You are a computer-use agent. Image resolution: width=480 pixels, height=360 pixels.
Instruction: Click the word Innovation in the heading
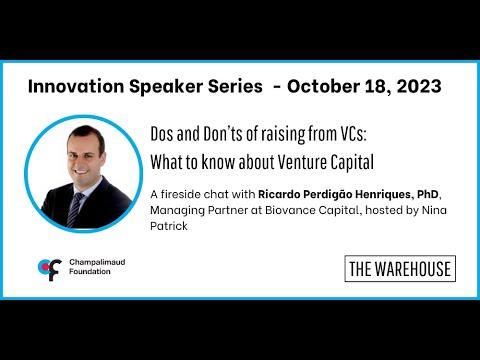(x=76, y=86)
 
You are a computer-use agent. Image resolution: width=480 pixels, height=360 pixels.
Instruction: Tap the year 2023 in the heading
(x=419, y=86)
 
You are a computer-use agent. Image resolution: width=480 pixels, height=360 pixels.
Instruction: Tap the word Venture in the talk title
(x=302, y=162)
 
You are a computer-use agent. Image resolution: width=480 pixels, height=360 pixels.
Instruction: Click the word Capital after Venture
(x=352, y=163)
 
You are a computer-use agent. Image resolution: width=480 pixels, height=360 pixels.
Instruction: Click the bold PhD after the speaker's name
(x=428, y=194)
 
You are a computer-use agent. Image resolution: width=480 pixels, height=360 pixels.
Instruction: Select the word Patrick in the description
(x=169, y=226)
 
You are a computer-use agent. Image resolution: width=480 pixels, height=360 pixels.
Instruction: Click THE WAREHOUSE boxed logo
(x=400, y=269)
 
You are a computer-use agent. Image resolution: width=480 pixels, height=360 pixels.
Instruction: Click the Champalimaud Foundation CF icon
(x=50, y=269)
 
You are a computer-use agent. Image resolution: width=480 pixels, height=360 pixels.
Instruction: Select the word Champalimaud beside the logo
(x=97, y=262)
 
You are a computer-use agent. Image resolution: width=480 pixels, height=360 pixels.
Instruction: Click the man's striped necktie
(x=75, y=209)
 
